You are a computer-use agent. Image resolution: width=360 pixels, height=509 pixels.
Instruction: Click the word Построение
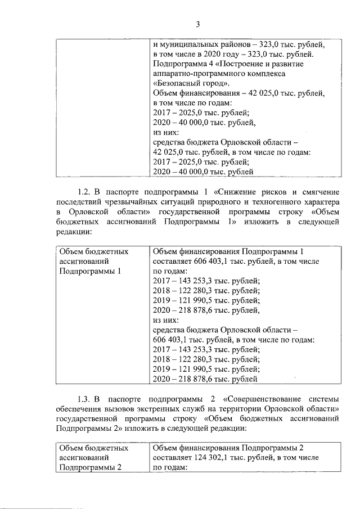tap(255, 64)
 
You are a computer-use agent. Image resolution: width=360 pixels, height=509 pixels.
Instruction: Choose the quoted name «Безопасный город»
tap(186, 84)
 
